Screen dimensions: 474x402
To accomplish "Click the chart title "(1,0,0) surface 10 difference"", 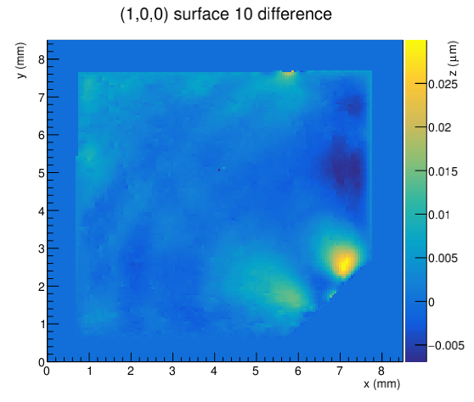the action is [x=226, y=14].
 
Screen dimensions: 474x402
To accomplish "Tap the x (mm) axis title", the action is [x=381, y=384].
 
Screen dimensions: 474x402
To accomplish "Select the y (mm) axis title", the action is [x=20, y=60].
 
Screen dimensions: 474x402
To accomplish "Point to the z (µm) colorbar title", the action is [x=453, y=59].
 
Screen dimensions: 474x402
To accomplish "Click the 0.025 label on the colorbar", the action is [x=443, y=84].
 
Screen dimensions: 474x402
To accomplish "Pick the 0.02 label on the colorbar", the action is [x=439, y=128].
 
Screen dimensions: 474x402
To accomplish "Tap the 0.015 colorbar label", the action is [x=443, y=171].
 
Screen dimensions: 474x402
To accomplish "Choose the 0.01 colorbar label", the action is [x=439, y=215].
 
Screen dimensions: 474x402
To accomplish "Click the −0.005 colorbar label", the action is [x=446, y=345].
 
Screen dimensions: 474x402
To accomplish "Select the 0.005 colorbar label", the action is [x=443, y=259].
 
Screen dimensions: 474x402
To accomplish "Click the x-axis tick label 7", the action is [x=340, y=371].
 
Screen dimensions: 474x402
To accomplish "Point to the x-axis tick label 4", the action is [x=214, y=371].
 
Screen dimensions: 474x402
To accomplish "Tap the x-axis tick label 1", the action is [x=89, y=371].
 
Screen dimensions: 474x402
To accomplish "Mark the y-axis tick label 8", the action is [x=42, y=59].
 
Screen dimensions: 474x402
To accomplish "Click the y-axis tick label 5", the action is [x=42, y=173].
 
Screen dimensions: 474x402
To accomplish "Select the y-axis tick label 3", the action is [x=42, y=249].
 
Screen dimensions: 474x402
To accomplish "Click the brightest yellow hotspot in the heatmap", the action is [x=344, y=263].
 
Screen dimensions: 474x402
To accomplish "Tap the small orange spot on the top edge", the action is [x=289, y=72].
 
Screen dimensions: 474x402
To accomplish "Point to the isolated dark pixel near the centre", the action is [x=219, y=170].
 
